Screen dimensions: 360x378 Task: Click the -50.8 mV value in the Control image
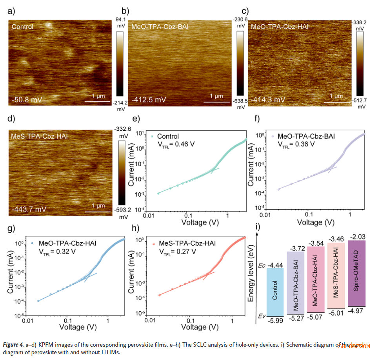point(27,99)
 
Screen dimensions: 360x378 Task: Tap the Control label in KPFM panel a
point(22,27)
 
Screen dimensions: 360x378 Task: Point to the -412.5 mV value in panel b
point(149,100)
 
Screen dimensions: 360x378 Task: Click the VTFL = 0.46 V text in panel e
point(176,144)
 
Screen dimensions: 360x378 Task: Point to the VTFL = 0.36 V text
point(296,144)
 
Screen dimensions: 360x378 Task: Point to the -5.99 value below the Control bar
point(274,320)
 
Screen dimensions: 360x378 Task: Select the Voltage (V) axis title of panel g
point(78,326)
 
